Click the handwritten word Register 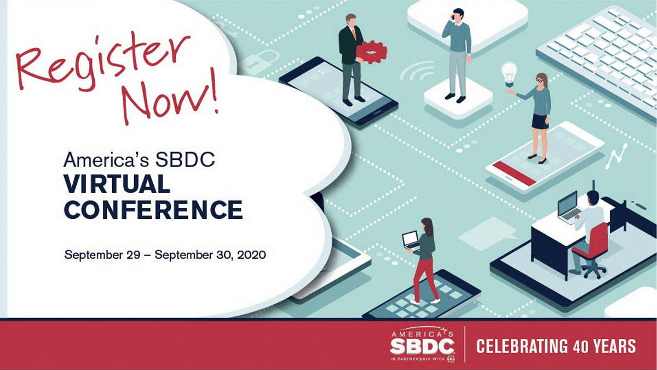(103, 60)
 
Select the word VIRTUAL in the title (117, 184)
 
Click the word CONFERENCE (153, 210)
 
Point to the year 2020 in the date (251, 255)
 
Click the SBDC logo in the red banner (422, 345)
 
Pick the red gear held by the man (371, 52)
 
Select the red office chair (590, 249)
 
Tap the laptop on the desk (568, 208)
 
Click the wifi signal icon (417, 71)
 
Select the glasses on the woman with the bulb (539, 79)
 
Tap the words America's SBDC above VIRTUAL (139, 160)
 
